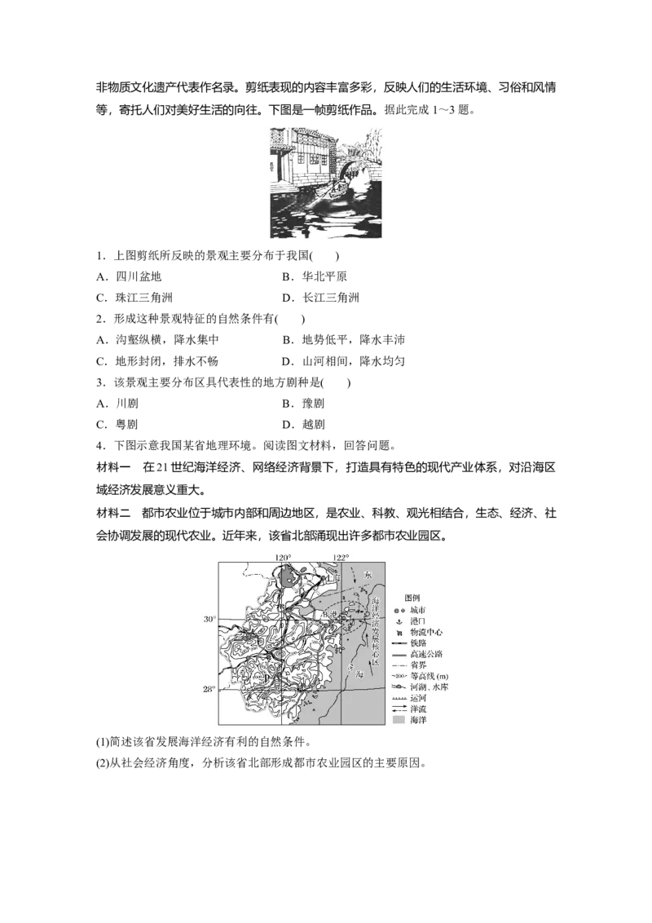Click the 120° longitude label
point(283,557)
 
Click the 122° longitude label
point(340,557)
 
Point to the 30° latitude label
point(209,620)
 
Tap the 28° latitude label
point(209,690)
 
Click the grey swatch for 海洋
point(399,721)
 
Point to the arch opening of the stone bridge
point(352,173)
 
